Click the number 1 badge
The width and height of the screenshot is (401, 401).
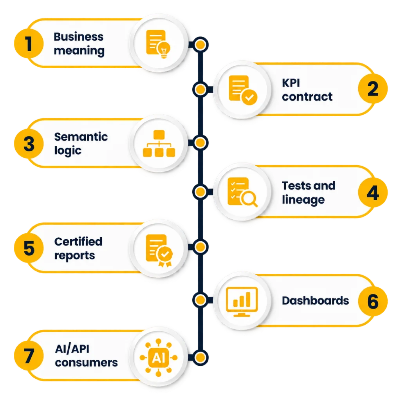pos(29,44)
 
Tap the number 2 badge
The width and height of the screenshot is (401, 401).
pos(373,89)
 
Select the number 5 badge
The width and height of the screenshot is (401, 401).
pos(29,248)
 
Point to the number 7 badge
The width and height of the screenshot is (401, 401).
pos(29,356)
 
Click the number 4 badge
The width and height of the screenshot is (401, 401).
pos(373,193)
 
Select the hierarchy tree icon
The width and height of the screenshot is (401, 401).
pos(159,143)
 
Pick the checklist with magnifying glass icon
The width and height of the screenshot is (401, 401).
pos(242,192)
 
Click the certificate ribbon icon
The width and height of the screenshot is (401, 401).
pos(159,250)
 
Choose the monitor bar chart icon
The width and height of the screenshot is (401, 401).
pos(242,302)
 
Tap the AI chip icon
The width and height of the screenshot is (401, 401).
pos(159,358)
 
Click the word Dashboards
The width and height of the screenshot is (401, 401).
pos(315,301)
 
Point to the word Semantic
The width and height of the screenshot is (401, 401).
pos(81,137)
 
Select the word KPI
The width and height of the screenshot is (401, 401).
pos(291,83)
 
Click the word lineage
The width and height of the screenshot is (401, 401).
pos(303,199)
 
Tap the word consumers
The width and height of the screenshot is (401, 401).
pos(86,363)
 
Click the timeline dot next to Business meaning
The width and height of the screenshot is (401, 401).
pos(200,45)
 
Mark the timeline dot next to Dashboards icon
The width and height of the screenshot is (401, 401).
pos(200,300)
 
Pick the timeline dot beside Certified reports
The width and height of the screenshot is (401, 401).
pos(200,247)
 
